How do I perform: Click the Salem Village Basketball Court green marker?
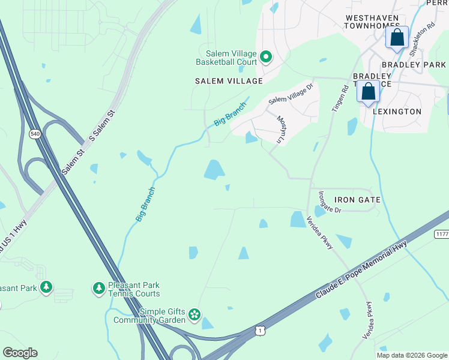pos(265,58)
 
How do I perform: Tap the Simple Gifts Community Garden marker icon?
pos(194,314)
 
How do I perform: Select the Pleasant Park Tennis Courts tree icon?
pos(99,289)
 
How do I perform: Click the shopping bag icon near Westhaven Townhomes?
pos(397,38)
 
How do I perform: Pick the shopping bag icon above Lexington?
pos(368,92)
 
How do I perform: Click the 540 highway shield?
pos(35,134)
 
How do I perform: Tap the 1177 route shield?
pos(442,234)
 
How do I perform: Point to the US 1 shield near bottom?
pos(259,330)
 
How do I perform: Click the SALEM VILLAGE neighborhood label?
pos(229,81)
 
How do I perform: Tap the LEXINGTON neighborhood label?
pos(397,112)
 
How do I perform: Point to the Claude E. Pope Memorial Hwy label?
pos(362,269)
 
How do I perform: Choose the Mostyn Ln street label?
pos(280,129)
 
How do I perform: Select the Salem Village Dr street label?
pos(291,92)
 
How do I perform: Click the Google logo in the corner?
pos(20,353)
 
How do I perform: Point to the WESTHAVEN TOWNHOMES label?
pos(372,22)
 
